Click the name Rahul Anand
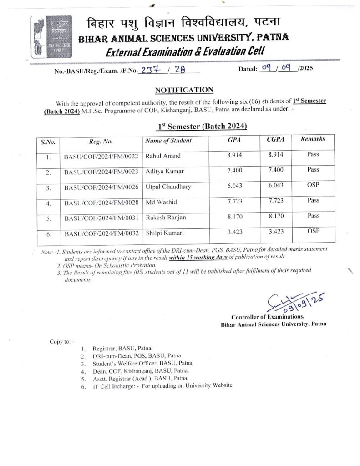162,156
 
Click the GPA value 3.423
235,232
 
